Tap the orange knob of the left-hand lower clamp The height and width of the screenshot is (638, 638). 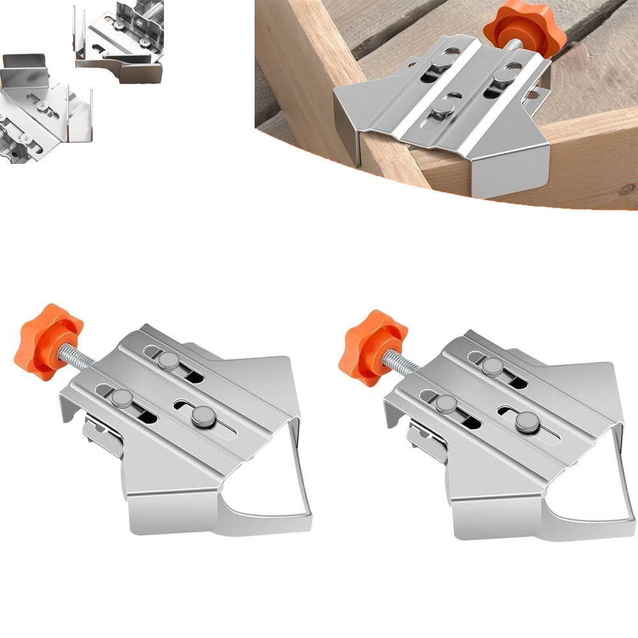[48, 341]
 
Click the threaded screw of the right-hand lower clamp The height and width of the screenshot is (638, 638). [403, 363]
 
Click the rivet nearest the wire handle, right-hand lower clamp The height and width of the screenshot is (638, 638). [527, 421]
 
